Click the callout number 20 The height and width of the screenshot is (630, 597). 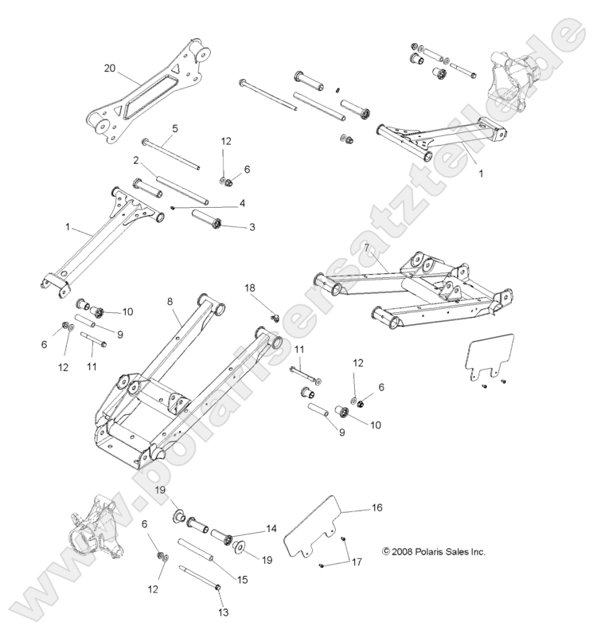pos(110,68)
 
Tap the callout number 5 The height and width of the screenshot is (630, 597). pos(174,127)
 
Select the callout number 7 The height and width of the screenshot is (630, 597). pos(365,248)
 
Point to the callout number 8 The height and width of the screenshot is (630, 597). pos(169,302)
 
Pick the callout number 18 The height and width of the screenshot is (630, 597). pos(251,287)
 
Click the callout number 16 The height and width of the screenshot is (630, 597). pos(377,507)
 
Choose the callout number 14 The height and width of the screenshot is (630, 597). pos(271,528)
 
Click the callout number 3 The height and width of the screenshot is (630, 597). pos(252,228)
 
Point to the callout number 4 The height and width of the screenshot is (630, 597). pos(242,202)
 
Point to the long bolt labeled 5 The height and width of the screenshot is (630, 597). pos(171,153)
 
